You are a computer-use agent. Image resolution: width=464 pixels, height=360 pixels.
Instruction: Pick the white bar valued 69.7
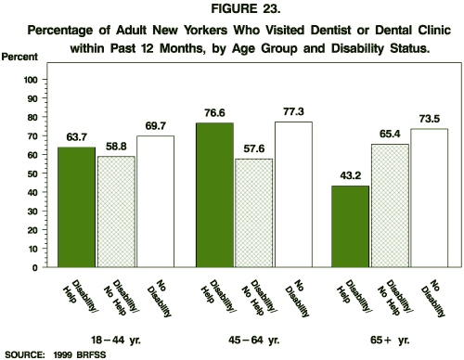coord(154,201)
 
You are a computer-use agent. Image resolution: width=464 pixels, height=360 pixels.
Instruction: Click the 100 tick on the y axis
coord(29,81)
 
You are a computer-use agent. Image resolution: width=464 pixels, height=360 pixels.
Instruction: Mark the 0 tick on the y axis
coord(33,267)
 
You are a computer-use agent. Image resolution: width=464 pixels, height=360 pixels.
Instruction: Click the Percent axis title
coord(19,58)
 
